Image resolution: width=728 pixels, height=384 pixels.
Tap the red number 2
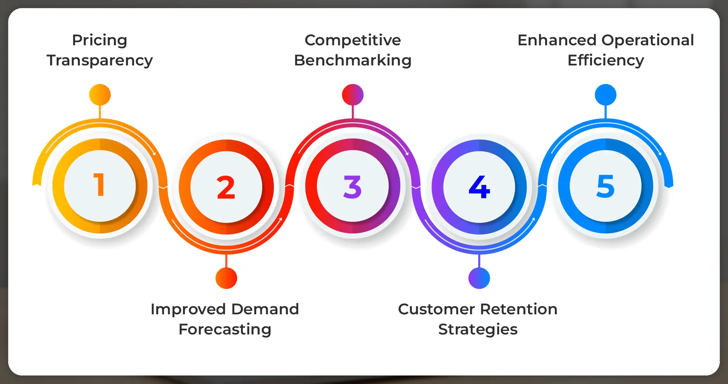226,187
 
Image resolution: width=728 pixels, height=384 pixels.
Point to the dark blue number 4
479,187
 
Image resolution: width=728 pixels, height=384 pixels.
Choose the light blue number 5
606,186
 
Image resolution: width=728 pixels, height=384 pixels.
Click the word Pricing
100,40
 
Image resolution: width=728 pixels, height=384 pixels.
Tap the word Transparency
100,60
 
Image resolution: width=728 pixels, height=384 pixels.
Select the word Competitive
353,40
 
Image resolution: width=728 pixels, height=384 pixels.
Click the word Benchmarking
353,60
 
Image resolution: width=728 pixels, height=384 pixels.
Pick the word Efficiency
606,60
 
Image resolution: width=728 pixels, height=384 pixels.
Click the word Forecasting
225,329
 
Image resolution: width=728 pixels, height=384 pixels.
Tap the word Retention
519,309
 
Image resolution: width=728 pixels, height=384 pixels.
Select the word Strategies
478,329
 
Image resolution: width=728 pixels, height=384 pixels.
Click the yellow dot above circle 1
100,95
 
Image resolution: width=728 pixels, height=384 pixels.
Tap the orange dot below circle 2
226,278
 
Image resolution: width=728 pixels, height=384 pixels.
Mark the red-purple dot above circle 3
353,95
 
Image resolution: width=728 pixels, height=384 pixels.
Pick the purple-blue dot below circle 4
479,278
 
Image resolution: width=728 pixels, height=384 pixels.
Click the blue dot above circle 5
606,95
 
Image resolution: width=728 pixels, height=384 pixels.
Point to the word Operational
647,40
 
